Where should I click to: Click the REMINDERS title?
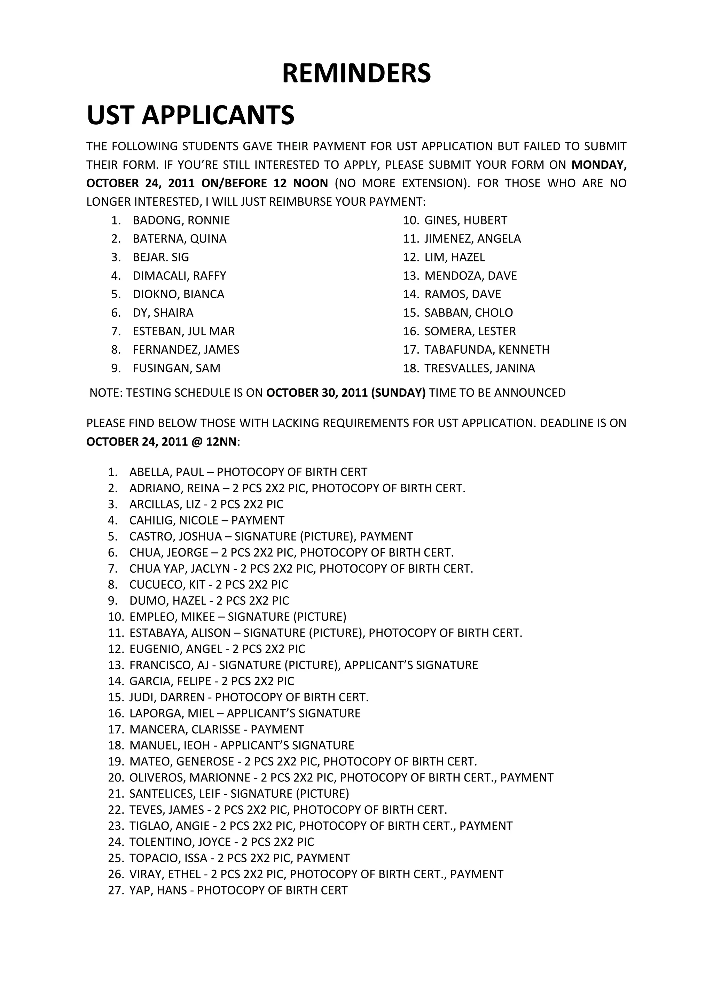(356, 73)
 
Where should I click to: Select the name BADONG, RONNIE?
(181, 220)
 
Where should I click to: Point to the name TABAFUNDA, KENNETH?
(486, 349)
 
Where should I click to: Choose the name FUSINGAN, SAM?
(177, 368)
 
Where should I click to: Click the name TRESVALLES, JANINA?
(479, 368)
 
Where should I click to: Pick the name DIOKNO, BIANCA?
(178, 294)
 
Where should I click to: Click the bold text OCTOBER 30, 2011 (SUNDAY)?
(346, 393)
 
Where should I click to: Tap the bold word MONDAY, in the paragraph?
(599, 165)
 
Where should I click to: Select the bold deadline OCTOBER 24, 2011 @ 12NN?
(161, 442)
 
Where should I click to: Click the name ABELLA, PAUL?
(166, 472)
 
